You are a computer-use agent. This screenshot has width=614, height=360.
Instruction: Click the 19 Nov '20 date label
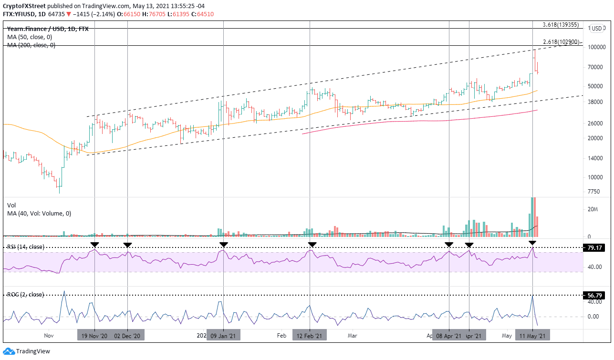tap(94, 336)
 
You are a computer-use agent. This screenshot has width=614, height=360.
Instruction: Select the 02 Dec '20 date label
tap(127, 336)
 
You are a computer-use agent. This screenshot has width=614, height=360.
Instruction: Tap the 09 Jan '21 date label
tap(223, 336)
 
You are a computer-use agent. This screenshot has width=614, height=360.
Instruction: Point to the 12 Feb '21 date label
tap(310, 336)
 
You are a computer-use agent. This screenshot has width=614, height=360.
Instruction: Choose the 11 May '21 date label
tap(533, 336)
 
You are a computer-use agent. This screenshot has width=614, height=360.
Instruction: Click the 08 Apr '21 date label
tap(449, 336)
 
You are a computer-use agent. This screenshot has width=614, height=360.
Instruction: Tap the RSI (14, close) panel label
tap(25, 247)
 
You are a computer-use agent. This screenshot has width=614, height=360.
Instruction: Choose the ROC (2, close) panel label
tap(25, 295)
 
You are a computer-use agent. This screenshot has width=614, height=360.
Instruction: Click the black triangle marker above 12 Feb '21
tap(312, 245)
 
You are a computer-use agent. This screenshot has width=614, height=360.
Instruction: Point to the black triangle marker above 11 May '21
tap(532, 244)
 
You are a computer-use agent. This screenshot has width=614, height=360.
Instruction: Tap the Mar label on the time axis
tap(353, 336)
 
